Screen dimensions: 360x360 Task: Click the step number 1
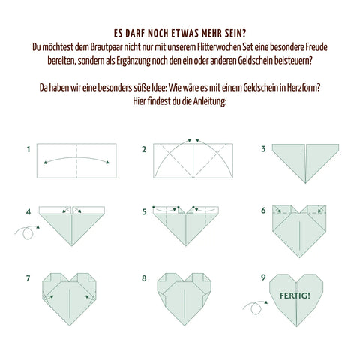click(28, 149)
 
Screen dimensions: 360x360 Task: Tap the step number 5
click(144, 212)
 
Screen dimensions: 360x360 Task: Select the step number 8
click(144, 278)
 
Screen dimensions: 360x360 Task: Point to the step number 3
click(263, 149)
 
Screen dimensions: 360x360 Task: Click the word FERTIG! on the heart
click(295, 295)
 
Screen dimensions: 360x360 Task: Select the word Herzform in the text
click(303, 88)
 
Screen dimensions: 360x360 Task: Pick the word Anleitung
click(210, 101)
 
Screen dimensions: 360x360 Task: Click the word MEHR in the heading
click(211, 34)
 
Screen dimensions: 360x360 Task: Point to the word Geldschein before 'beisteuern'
click(255, 61)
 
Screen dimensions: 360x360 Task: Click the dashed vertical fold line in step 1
click(76, 160)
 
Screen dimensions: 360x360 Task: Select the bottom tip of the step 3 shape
click(305, 183)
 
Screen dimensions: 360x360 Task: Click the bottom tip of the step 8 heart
click(184, 325)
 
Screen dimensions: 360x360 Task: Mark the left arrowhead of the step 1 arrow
click(45, 163)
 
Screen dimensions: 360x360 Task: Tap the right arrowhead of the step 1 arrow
click(108, 163)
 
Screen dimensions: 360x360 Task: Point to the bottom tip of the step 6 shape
click(299, 257)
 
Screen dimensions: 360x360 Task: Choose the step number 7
click(28, 278)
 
